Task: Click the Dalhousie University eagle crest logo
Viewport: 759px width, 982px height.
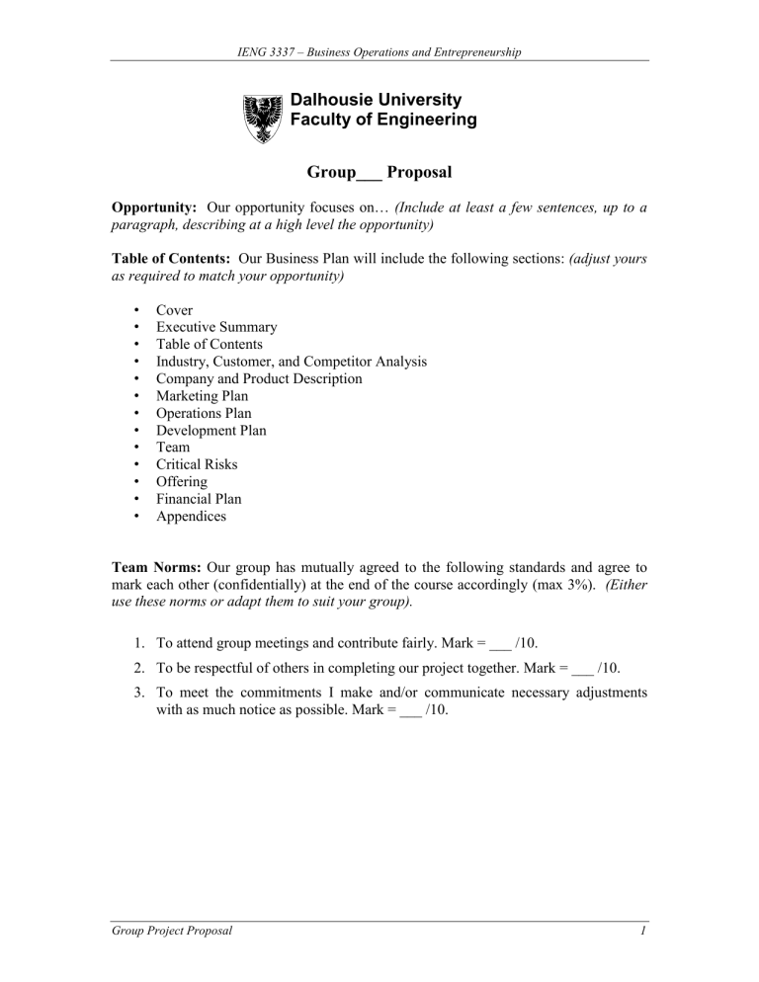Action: (x=263, y=116)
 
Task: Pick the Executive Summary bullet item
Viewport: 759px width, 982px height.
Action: (x=215, y=327)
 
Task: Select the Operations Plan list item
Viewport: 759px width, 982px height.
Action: (x=204, y=413)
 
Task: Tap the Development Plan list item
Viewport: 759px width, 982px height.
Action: (x=211, y=431)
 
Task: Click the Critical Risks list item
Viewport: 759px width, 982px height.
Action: (x=196, y=464)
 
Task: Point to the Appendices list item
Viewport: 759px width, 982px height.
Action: (x=191, y=516)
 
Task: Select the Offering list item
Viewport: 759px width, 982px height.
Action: (x=182, y=482)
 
